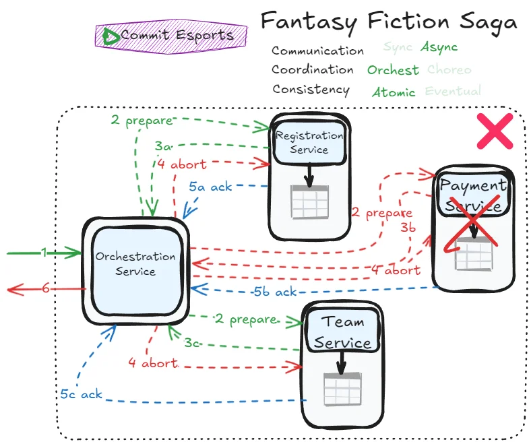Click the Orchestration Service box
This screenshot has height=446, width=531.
(x=135, y=263)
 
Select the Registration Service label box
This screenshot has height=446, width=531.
(x=309, y=142)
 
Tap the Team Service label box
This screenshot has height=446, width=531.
(x=342, y=332)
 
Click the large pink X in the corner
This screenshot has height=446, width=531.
(x=495, y=131)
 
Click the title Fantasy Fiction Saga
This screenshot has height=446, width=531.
(x=389, y=22)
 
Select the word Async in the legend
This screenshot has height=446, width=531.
(x=439, y=47)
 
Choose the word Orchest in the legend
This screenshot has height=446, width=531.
(x=393, y=70)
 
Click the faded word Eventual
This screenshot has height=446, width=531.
(x=453, y=91)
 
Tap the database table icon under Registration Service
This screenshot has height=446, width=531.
(x=309, y=200)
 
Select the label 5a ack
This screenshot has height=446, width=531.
(x=210, y=187)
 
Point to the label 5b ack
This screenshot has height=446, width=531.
(x=275, y=292)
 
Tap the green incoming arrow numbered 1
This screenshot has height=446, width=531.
(x=44, y=253)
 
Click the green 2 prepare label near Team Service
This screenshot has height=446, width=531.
(x=245, y=319)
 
